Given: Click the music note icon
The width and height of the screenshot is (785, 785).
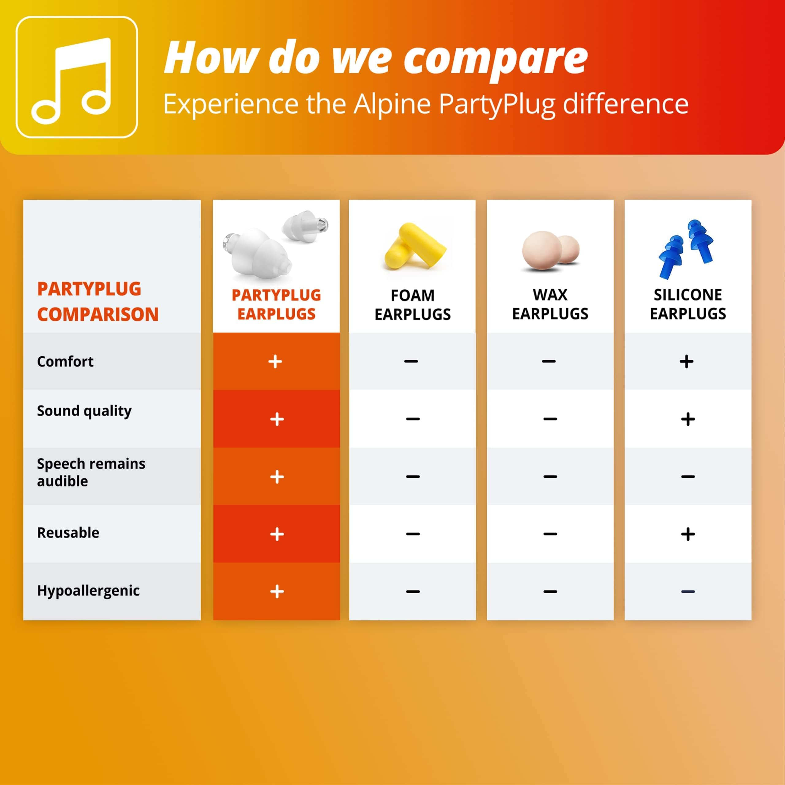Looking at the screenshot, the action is tap(71, 81).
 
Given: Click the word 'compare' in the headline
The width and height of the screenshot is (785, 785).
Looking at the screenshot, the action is tap(495, 60).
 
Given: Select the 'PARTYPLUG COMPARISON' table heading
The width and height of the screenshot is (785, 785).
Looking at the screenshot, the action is tap(98, 301).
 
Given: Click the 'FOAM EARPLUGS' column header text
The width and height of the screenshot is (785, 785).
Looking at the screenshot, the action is tap(412, 305).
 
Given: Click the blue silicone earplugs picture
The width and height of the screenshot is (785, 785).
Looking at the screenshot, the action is tap(686, 249).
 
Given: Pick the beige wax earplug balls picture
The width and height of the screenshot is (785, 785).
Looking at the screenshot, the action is tap(550, 251).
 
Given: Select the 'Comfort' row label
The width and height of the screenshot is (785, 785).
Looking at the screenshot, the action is tap(65, 361).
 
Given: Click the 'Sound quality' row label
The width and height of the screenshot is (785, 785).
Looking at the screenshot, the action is tap(84, 411).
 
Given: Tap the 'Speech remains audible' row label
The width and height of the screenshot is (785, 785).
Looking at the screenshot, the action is tap(91, 472).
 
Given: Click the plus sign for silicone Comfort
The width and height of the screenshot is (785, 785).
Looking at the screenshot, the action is tap(687, 361).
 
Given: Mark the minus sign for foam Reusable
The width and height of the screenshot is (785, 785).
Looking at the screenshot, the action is tap(413, 534).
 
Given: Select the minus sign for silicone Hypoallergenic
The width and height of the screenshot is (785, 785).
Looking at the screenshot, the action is tap(688, 592).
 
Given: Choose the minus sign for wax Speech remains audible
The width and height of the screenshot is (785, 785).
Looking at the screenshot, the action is tap(550, 477).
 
